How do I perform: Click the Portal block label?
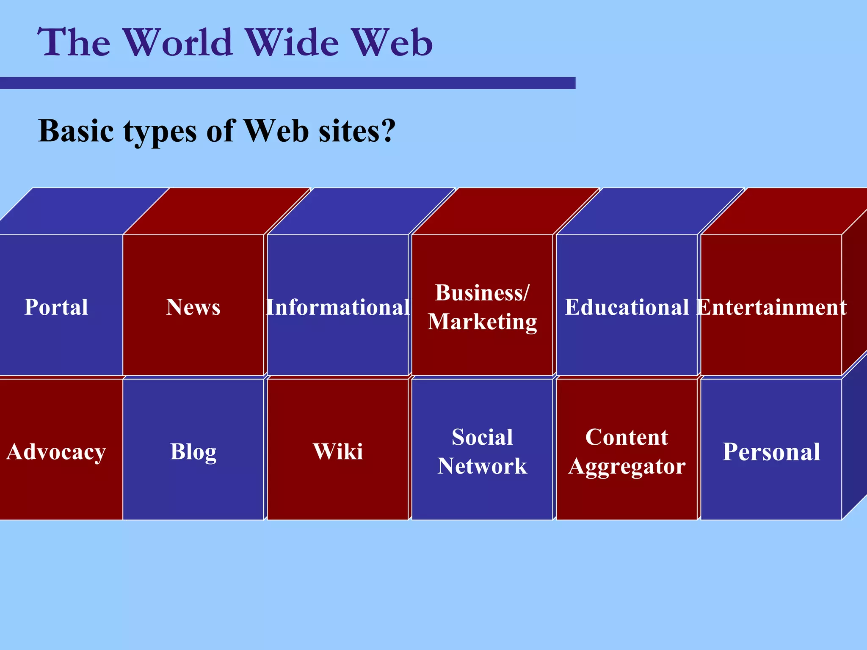tap(56, 307)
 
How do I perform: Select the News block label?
tap(193, 307)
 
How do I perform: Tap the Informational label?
tap(338, 307)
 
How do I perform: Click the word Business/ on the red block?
tap(482, 293)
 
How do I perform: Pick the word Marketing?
tap(482, 322)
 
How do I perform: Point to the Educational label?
tap(627, 307)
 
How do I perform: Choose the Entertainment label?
tap(771, 307)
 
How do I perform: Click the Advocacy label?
tap(56, 452)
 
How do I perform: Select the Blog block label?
tap(193, 452)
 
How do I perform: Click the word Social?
tap(482, 437)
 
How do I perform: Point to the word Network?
tap(482, 466)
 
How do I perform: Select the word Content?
tap(627, 437)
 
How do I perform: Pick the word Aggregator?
tap(627, 467)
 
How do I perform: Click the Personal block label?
tap(771, 452)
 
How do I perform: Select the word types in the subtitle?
tap(160, 131)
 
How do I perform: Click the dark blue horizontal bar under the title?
tap(288, 83)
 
